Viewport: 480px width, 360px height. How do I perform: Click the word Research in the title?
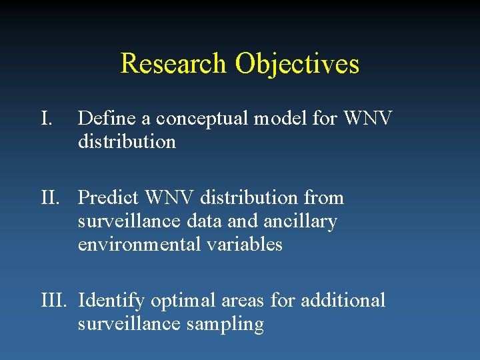173,64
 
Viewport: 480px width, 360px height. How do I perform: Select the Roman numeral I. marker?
47,119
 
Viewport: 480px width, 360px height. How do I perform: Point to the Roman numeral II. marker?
53,198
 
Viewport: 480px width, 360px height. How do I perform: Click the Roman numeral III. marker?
57,301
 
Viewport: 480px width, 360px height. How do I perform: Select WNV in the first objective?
368,119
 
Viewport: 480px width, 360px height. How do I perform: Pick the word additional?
343,301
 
